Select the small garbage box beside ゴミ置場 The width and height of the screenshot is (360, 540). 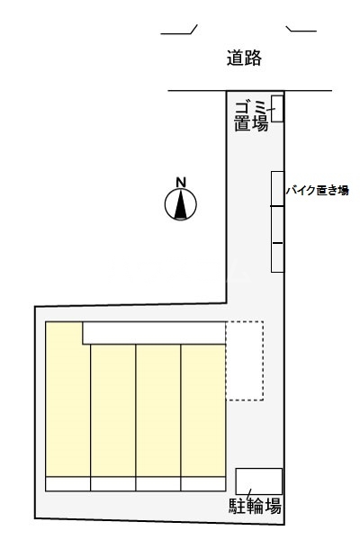278,108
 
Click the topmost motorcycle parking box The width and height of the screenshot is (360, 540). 278,188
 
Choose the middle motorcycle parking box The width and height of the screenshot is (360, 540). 278,225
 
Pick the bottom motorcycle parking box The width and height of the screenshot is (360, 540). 278,257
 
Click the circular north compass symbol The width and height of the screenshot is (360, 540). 181,206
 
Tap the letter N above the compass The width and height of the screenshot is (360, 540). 181,184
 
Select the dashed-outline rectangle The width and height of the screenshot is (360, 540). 244,360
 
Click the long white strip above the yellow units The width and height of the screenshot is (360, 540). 153,333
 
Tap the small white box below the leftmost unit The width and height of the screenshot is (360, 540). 67,483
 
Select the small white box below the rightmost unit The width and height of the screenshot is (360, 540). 202,483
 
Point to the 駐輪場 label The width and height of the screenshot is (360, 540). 256,506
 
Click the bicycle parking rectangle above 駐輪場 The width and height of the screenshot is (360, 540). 259,481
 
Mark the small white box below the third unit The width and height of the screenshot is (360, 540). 158,483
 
